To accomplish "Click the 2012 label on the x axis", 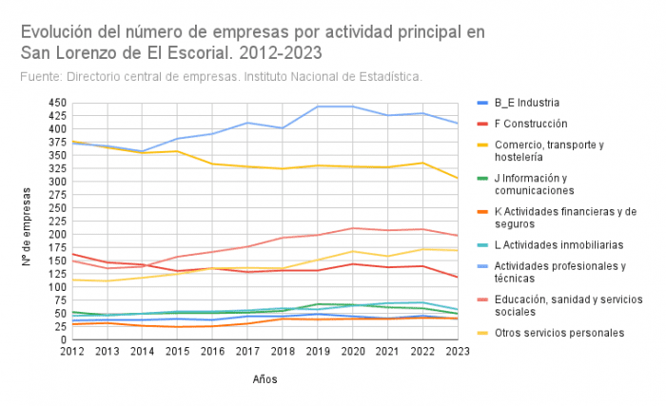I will click(72, 351).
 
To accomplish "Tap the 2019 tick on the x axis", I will click(317, 351).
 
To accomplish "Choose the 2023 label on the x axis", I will click(458, 351).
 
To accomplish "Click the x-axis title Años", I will click(265, 378).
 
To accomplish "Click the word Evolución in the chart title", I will click(56, 31).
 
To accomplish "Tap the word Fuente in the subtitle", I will click(39, 76).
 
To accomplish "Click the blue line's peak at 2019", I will click(317, 106).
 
